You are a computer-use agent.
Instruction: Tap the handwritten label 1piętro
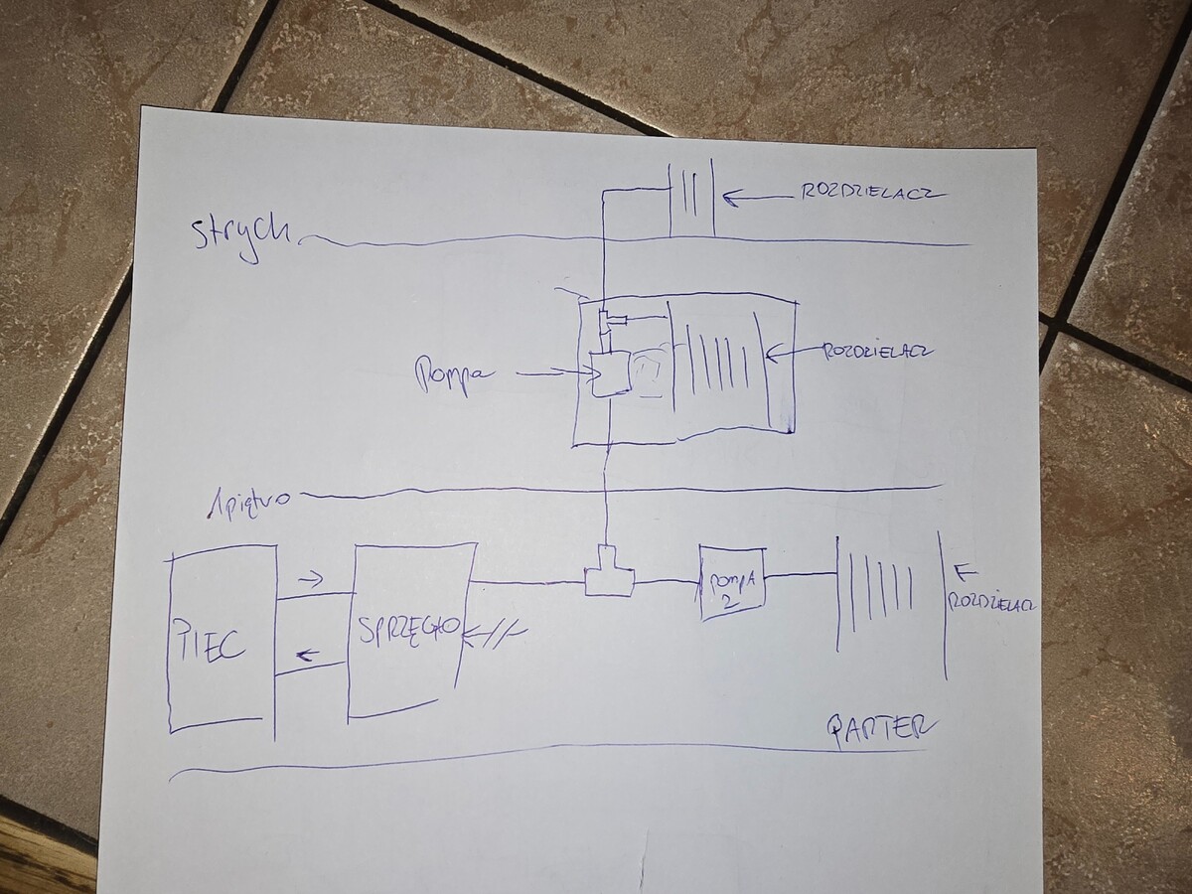(248, 498)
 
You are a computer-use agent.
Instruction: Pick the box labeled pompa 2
(733, 583)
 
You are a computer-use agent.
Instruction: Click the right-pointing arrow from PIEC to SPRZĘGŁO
(311, 579)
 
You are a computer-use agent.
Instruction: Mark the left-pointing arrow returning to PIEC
(308, 654)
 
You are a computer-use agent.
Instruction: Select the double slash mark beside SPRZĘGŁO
(494, 630)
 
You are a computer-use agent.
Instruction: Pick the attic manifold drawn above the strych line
(691, 198)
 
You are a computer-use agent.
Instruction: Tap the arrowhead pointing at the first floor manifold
(773, 351)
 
